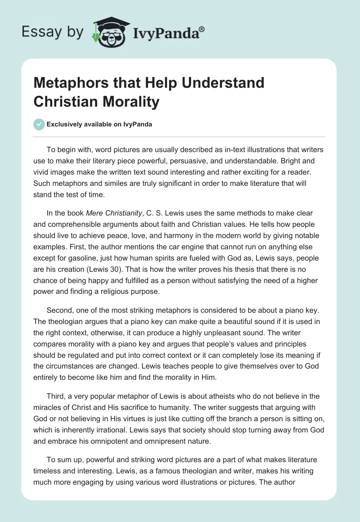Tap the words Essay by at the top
coord(52,32)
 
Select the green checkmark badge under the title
coord(39,124)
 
